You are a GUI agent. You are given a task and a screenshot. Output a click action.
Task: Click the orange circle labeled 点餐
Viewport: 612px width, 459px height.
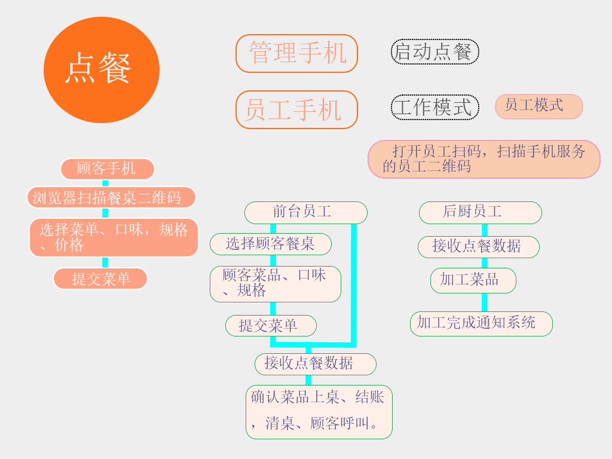point(102,70)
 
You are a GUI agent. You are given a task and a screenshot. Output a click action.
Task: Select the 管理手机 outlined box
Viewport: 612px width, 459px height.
point(296,53)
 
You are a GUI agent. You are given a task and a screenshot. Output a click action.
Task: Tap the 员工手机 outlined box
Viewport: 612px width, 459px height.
point(296,109)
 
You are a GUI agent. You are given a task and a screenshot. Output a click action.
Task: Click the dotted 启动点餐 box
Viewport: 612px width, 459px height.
point(434,51)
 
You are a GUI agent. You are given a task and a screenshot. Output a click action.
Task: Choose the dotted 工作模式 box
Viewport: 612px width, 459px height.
point(434,108)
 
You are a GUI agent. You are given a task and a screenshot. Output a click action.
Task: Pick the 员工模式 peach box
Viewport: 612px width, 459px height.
point(538,106)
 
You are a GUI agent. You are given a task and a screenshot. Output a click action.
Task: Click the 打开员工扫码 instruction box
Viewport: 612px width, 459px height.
point(484,159)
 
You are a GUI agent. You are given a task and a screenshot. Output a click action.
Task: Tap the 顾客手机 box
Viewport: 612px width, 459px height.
point(107,169)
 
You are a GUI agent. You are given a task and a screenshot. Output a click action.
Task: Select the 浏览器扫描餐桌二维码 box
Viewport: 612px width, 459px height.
point(111,197)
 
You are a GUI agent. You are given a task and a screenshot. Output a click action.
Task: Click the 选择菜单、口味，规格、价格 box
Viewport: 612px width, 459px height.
point(114,237)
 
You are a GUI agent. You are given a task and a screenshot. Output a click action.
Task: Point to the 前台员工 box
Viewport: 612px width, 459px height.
point(305,212)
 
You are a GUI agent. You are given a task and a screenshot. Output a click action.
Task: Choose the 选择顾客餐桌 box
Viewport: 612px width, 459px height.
point(270,244)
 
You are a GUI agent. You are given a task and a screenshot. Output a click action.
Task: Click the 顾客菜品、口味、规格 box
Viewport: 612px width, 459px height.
point(275,284)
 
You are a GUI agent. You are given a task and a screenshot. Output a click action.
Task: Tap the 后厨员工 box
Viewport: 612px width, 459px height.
point(480,212)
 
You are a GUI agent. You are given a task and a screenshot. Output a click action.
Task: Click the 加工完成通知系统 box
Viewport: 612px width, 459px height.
point(481,323)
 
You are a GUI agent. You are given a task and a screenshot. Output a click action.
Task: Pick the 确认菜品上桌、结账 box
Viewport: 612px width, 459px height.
point(319,412)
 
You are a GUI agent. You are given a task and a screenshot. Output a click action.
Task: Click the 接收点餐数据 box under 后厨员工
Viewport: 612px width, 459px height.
point(478,246)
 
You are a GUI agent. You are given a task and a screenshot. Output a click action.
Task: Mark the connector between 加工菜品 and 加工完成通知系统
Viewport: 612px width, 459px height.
point(485,302)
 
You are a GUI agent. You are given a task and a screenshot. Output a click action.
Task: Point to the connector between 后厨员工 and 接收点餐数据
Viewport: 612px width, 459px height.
point(485,229)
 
